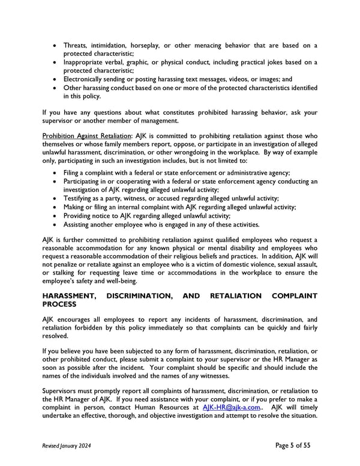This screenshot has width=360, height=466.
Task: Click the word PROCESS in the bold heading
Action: click(65, 304)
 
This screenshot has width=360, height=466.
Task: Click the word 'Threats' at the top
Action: click(75, 46)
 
